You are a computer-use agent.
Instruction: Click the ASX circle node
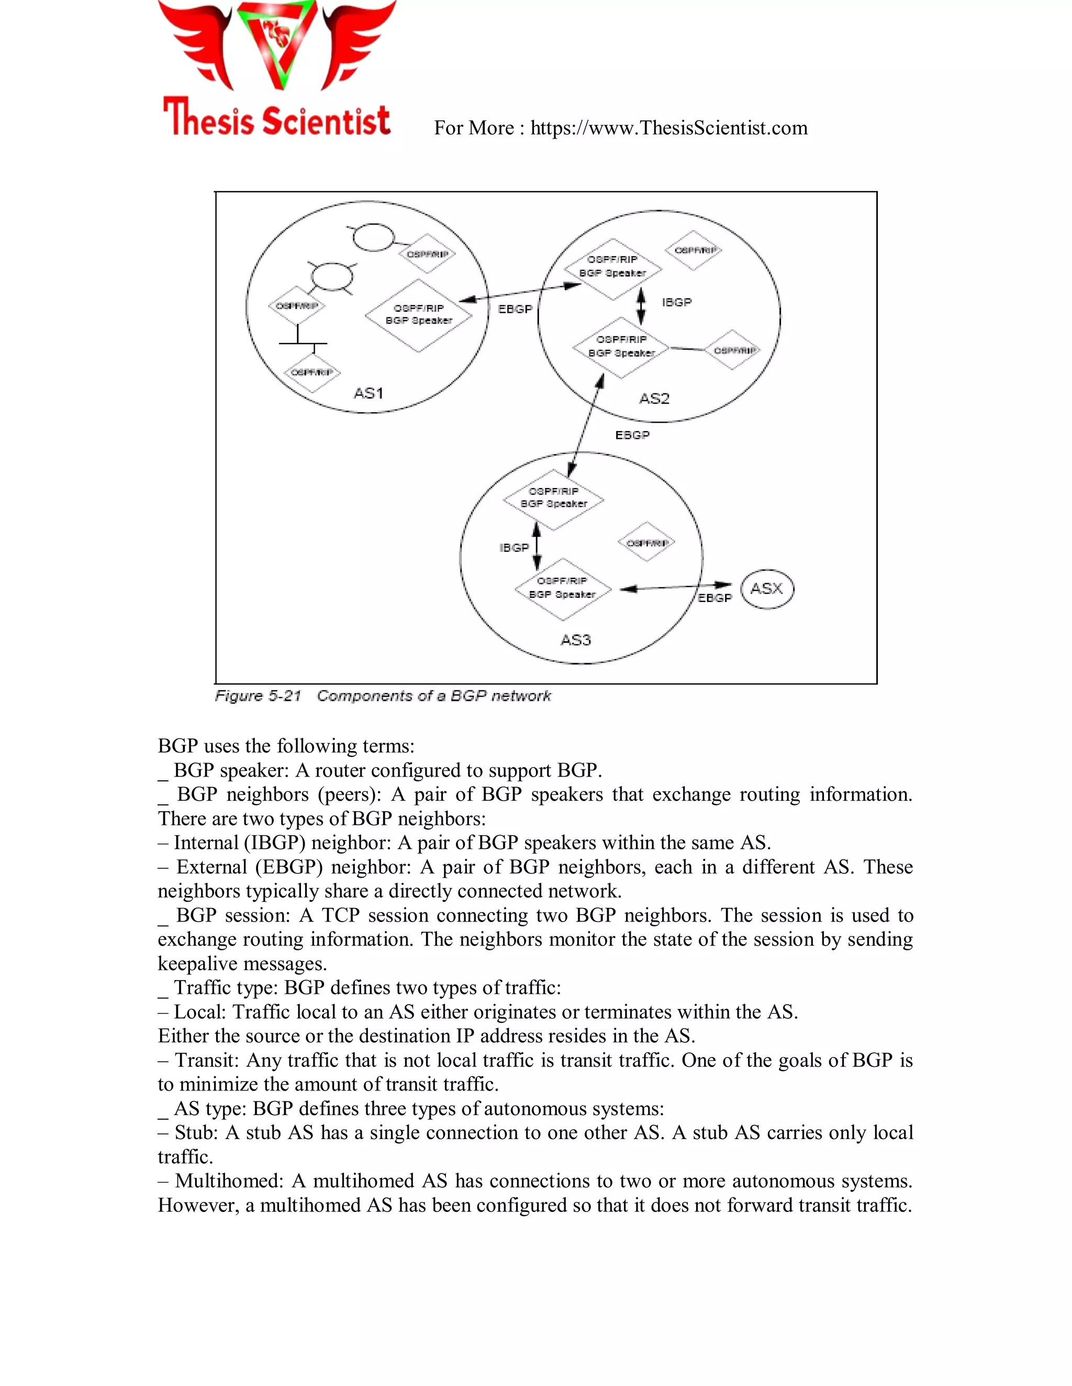[767, 589]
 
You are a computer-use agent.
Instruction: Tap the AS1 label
[368, 393]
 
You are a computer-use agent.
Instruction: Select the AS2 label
[654, 399]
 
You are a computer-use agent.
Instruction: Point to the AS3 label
[575, 640]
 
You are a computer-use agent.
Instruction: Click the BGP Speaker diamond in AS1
[419, 315]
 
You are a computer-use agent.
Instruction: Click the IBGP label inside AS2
[676, 303]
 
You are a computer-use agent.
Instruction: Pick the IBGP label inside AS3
[514, 548]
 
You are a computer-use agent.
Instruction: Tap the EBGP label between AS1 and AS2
[515, 309]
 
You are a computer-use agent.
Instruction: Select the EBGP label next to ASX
[714, 598]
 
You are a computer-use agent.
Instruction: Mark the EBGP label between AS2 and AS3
[632, 435]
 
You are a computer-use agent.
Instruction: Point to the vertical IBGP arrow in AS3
[537, 546]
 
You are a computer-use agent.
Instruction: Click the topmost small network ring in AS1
[373, 238]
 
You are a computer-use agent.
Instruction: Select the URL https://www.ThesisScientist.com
[669, 128]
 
